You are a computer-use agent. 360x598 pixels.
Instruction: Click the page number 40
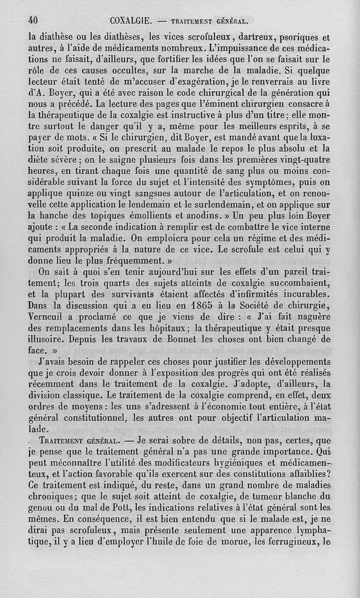point(33,20)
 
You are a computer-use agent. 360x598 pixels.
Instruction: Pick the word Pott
point(111,507)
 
